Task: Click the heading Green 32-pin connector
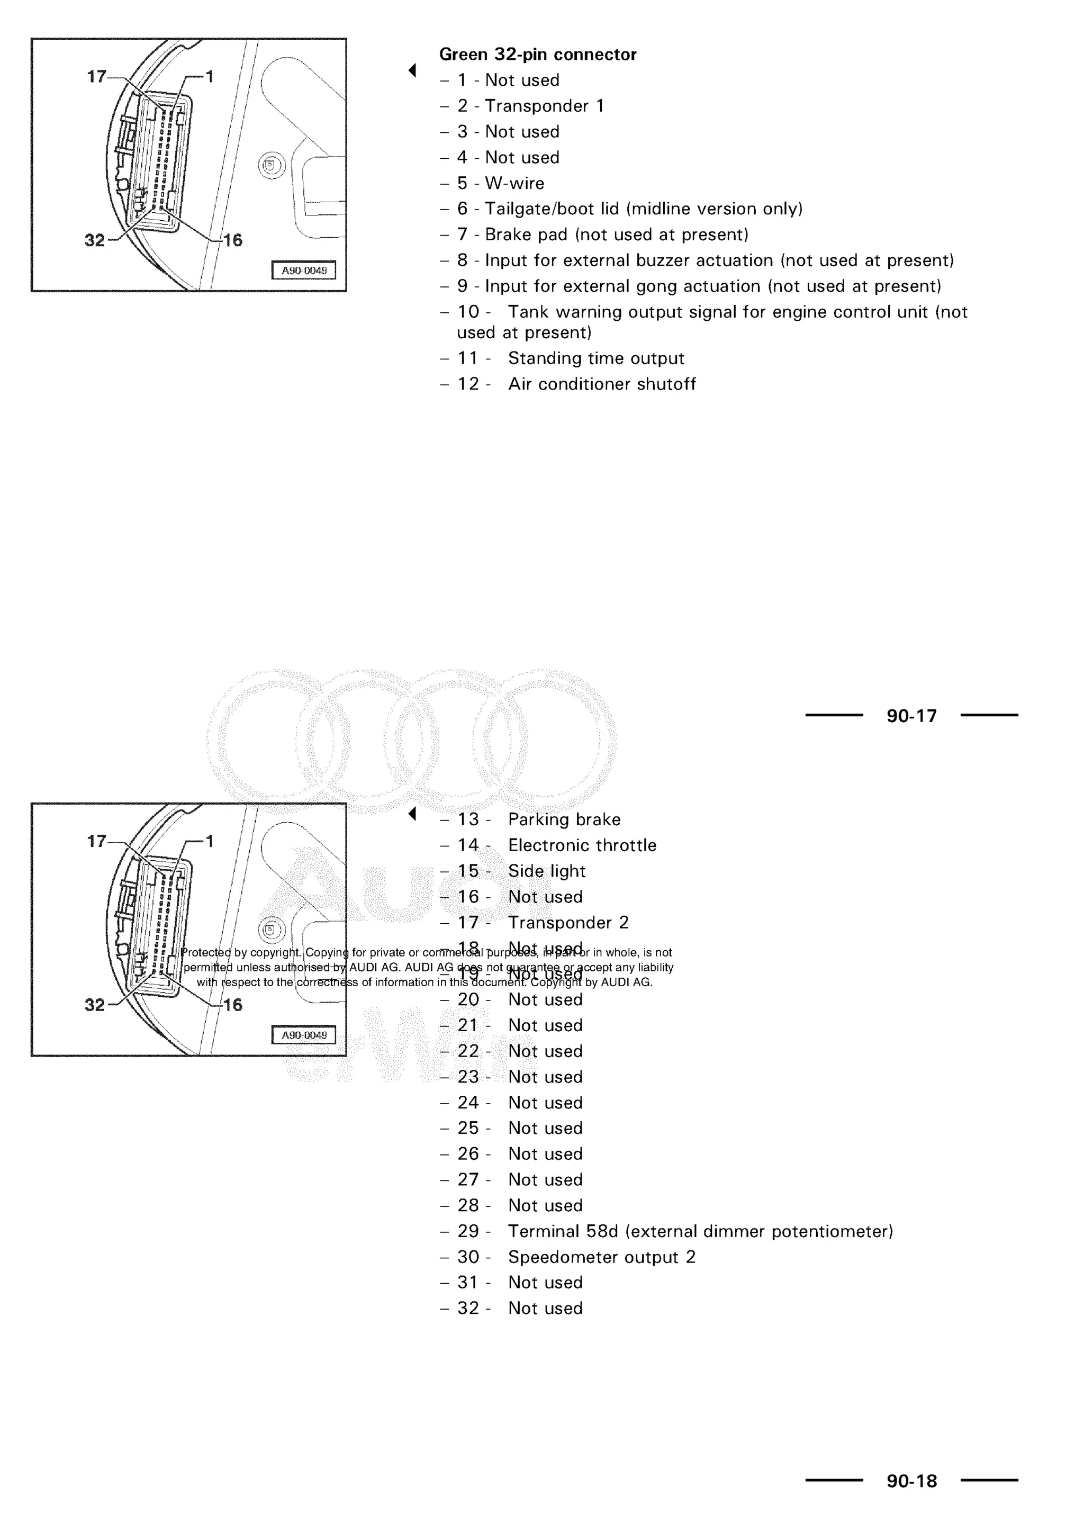(537, 54)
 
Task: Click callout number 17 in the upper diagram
(97, 77)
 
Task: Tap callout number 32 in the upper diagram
(95, 240)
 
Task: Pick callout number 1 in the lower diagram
(209, 841)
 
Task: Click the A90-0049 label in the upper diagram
(304, 270)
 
